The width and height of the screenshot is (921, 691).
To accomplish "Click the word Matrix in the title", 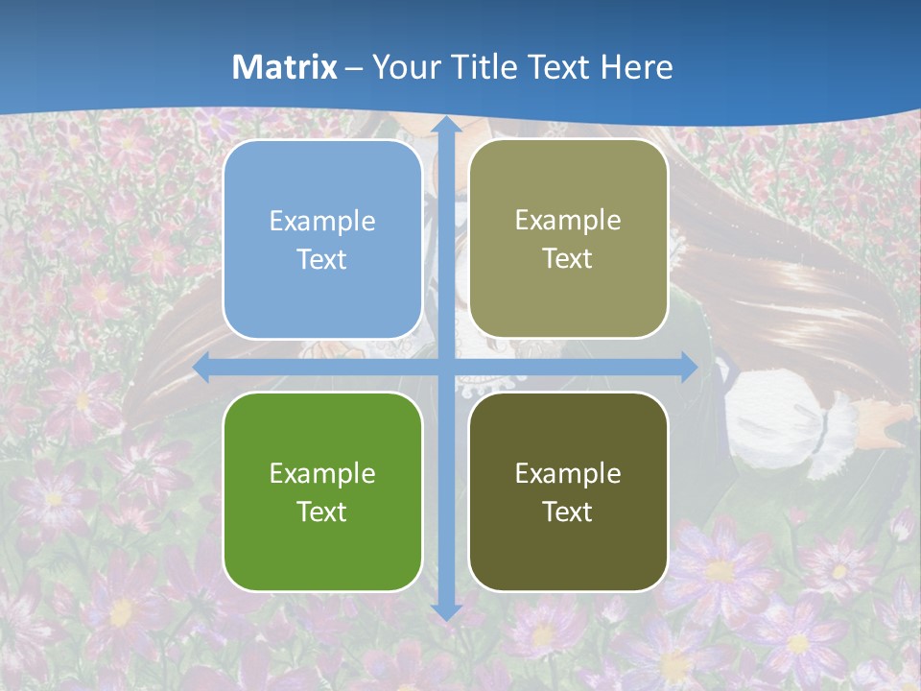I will (x=285, y=67).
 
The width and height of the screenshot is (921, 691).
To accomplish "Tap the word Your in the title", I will (x=402, y=67).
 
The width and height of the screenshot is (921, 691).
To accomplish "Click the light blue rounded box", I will (x=322, y=239).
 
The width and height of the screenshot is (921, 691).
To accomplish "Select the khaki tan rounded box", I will (x=568, y=239).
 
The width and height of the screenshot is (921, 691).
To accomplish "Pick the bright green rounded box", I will (x=322, y=491).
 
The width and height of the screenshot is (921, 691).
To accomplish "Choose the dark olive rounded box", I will (x=568, y=491).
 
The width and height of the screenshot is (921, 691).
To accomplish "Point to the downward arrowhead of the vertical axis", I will (x=445, y=611).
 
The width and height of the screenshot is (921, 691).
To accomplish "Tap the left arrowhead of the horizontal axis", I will (x=202, y=368).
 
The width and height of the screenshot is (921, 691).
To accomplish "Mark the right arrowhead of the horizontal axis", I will (x=689, y=368).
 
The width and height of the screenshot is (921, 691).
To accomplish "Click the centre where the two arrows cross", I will (x=445, y=368).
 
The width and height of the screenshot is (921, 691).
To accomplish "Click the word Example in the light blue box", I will (x=322, y=222).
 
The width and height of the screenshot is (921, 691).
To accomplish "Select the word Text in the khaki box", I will (x=568, y=259).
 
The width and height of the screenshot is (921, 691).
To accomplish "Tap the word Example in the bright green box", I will (x=322, y=474).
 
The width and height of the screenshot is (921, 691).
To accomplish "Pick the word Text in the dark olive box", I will (x=568, y=512).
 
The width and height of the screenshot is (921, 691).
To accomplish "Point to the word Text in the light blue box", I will (x=322, y=260).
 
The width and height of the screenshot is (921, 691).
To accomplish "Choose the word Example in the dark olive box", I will (x=568, y=474).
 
